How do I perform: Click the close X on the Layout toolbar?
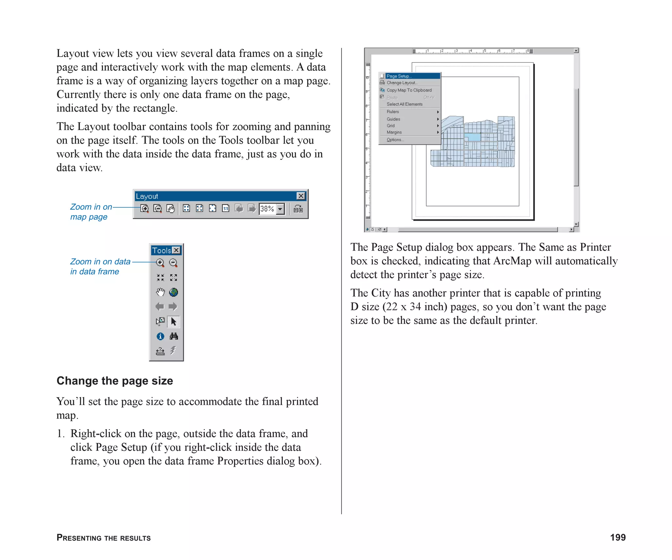point(301,196)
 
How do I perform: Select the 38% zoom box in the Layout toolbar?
point(267,209)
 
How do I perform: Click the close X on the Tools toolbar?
point(177,250)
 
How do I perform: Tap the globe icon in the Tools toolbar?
point(174,292)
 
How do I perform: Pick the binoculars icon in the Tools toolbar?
point(174,336)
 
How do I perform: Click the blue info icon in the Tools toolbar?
point(160,336)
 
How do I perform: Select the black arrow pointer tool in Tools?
point(174,321)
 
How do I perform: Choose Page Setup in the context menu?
point(399,76)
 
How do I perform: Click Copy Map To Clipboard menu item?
point(409,90)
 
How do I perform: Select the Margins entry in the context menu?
point(394,132)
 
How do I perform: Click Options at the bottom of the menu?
point(395,140)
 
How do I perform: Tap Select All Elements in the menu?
point(404,104)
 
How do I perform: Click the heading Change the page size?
point(115,381)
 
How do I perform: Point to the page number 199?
point(618,537)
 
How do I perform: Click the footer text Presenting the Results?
point(104,538)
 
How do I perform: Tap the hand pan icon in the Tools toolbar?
point(160,292)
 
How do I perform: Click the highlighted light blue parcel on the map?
point(472,137)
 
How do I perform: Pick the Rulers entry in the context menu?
point(393,112)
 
